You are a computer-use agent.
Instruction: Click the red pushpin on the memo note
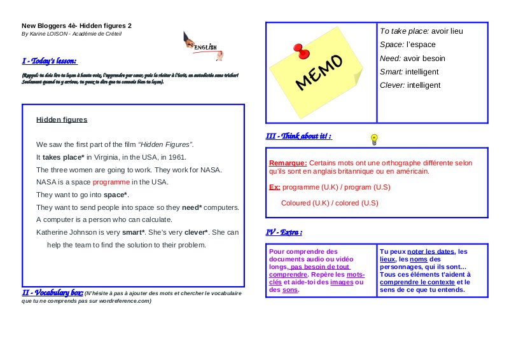[298, 52]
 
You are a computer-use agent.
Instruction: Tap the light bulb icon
[374, 138]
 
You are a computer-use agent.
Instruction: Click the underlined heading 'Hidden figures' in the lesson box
[62, 120]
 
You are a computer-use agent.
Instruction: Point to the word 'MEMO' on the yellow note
[319, 72]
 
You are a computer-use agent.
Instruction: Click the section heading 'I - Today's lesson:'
[50, 61]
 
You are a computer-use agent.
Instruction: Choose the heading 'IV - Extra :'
[284, 232]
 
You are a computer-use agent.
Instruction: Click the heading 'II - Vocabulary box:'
[52, 292]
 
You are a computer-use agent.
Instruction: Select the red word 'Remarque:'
[288, 163]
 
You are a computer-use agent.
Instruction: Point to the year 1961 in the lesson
[178, 157]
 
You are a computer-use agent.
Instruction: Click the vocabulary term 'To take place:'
[405, 31]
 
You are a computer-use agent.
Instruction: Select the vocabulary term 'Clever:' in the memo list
[392, 85]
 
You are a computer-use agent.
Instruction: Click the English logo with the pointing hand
[202, 46]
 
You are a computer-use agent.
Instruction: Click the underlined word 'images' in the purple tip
[342, 282]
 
